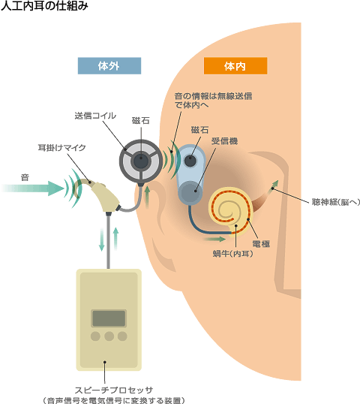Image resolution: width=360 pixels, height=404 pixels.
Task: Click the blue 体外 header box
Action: (109, 65)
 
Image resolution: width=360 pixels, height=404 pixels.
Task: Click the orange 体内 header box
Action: (235, 65)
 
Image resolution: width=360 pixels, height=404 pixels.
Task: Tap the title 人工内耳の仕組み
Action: (44, 6)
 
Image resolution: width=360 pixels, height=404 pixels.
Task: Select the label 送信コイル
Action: (95, 116)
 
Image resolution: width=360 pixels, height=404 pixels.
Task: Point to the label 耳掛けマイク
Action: (61, 148)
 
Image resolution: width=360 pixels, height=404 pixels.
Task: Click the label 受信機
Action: (224, 141)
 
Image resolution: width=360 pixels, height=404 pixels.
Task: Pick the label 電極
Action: (261, 244)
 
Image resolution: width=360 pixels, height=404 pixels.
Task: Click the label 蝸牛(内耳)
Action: (233, 254)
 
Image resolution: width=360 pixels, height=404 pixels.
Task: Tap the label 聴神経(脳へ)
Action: (335, 202)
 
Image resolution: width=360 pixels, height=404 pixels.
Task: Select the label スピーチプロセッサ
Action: (114, 390)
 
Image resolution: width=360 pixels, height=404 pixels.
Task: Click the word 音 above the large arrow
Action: (25, 177)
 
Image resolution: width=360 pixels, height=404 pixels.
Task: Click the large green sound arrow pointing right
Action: (33, 188)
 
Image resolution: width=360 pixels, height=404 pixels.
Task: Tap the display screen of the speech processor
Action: (109, 318)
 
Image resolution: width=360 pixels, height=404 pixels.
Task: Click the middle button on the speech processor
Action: (109, 336)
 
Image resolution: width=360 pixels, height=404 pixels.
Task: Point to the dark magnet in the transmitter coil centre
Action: (141, 161)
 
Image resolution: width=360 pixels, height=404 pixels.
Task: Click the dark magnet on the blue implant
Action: (190, 161)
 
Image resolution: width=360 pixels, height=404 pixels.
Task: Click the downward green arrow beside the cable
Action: (102, 240)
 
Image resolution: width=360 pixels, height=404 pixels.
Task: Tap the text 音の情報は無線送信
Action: (213, 96)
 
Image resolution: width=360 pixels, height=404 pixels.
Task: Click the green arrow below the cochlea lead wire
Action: (214, 239)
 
